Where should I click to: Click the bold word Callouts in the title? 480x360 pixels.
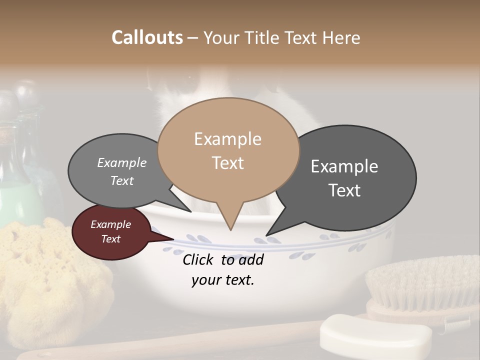147,38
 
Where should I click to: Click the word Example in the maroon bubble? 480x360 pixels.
110,224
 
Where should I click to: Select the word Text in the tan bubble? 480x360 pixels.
228,163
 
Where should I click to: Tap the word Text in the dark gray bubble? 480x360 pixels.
344,190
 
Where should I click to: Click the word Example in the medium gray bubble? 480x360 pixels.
122,163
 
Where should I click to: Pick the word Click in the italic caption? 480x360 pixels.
199,259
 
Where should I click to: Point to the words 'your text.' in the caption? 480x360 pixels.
223,280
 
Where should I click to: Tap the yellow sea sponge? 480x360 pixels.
50,275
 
